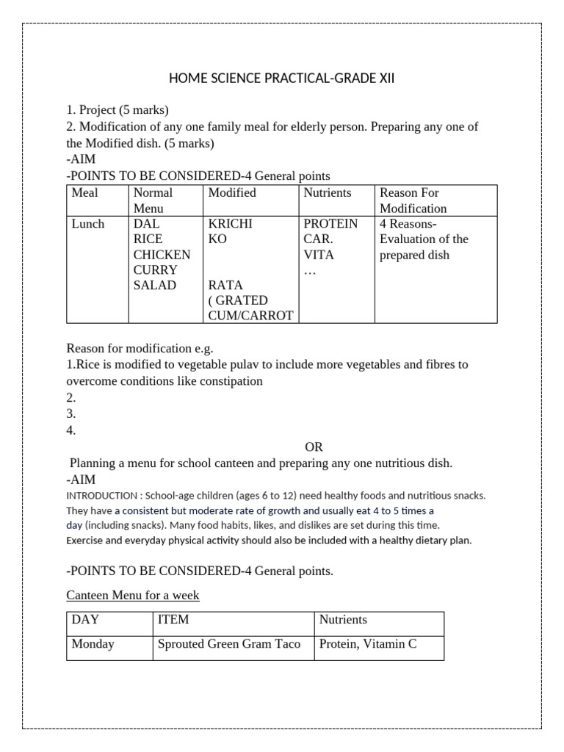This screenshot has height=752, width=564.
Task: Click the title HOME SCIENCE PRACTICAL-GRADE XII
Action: pyautogui.click(x=282, y=79)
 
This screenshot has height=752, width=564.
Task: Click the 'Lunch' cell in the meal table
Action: pyautogui.click(x=88, y=224)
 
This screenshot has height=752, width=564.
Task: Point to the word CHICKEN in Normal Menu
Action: pyautogui.click(x=162, y=255)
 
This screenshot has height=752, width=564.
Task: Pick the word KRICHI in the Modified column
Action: pyautogui.click(x=231, y=224)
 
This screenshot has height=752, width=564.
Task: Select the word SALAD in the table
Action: pyautogui.click(x=155, y=285)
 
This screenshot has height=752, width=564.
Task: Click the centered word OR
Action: pyautogui.click(x=314, y=446)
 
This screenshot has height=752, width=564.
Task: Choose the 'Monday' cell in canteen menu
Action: pyautogui.click(x=93, y=644)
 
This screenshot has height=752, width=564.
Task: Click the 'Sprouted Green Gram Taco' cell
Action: pyautogui.click(x=229, y=644)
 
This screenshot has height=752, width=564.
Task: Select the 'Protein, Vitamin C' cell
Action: pyautogui.click(x=367, y=644)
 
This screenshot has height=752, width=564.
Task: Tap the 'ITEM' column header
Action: pyautogui.click(x=173, y=620)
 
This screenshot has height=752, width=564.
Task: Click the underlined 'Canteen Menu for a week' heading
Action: pyautogui.click(x=132, y=595)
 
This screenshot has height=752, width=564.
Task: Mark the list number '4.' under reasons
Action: pyautogui.click(x=71, y=430)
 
